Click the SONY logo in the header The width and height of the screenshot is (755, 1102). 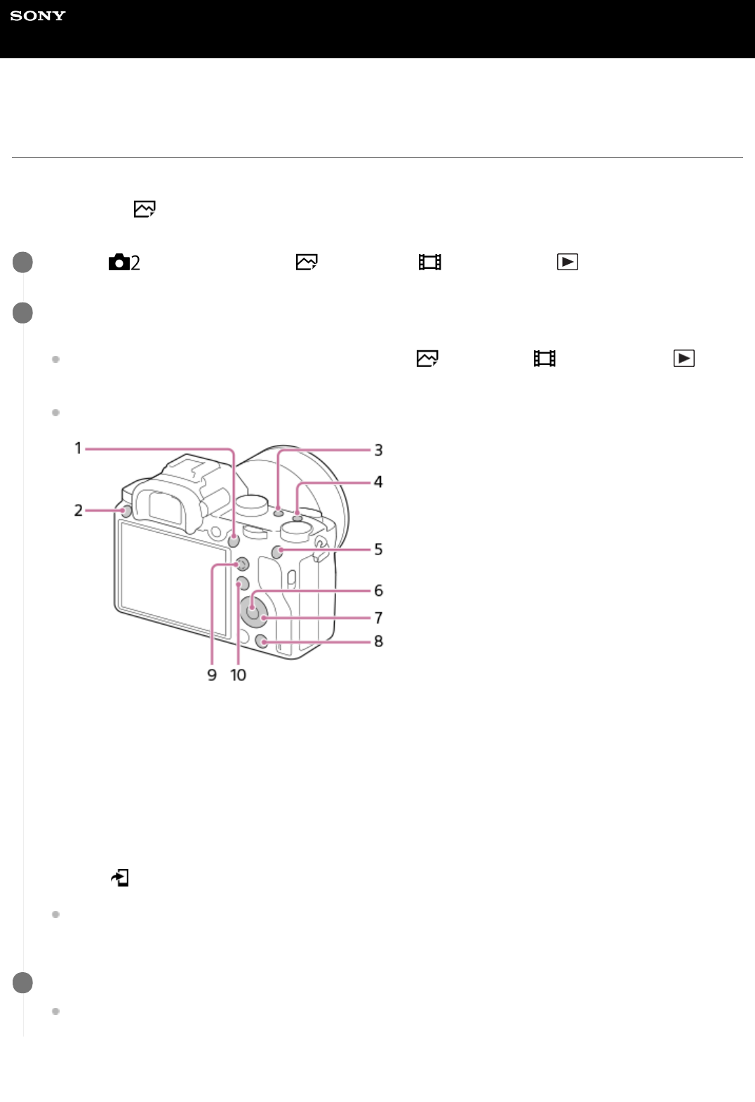[38, 15]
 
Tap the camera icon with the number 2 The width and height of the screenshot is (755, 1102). [124, 263]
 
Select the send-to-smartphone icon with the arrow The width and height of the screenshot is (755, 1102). [120, 877]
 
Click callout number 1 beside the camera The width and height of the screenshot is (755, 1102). [78, 449]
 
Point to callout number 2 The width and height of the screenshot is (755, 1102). [78, 510]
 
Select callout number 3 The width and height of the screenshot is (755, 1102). [378, 450]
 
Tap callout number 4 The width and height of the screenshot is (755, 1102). [378, 481]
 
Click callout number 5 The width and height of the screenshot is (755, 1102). [378, 549]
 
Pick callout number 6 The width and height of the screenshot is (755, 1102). [378, 590]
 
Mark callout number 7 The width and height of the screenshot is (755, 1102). [378, 618]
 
